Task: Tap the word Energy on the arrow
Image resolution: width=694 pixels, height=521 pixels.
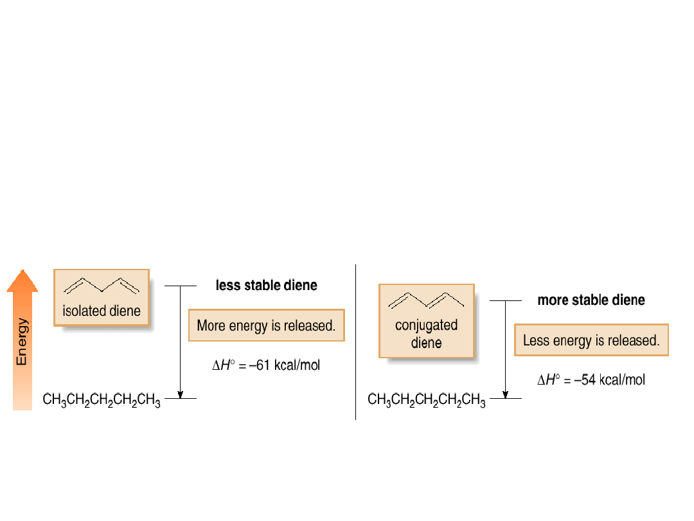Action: [22, 342]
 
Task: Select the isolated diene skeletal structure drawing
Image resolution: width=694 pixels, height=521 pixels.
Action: [102, 286]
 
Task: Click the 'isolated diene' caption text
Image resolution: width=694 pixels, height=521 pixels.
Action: [102, 311]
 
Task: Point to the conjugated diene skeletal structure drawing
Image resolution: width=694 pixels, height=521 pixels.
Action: [426, 301]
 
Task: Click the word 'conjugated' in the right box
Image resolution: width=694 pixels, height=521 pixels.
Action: [426, 325]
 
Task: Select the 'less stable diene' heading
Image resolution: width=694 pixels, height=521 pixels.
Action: [266, 286]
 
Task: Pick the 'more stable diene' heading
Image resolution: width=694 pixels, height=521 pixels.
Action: [591, 300]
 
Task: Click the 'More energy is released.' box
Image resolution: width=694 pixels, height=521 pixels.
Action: [266, 325]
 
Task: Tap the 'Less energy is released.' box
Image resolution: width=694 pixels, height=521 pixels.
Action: [591, 340]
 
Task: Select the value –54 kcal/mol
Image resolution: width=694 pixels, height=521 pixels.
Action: [610, 380]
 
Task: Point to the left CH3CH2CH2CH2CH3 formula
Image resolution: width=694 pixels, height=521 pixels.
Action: [102, 400]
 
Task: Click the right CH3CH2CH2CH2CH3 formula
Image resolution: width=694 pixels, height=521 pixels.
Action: [427, 400]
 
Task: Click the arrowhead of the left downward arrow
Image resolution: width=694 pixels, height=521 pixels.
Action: [181, 394]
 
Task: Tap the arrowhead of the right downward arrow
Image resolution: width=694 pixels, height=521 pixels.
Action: [506, 394]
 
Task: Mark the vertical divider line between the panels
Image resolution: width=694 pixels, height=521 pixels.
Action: [355, 341]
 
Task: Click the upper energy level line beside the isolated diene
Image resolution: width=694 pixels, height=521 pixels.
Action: [181, 286]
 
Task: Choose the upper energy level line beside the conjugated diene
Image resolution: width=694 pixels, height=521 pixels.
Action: [506, 300]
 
